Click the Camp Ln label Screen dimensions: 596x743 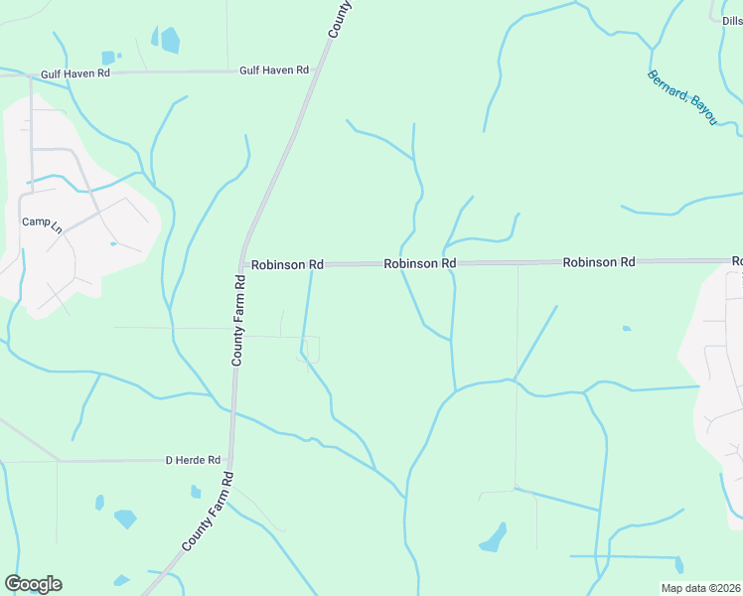point(42,222)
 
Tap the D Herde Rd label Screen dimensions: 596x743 point(192,460)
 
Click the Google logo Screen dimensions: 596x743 point(33,584)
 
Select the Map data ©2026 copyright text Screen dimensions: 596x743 point(699,588)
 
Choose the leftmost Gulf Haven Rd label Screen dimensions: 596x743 point(75,74)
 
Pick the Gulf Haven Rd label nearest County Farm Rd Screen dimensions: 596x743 point(274,71)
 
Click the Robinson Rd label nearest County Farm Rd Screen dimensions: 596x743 point(287,265)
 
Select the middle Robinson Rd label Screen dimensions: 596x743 point(420,263)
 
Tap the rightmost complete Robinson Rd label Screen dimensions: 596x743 point(598,262)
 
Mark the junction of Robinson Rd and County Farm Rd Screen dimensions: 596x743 point(243,265)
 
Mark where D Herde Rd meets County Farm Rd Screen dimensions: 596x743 point(231,460)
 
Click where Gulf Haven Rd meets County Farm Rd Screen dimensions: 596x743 point(311,71)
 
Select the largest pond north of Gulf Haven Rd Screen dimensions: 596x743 point(170,41)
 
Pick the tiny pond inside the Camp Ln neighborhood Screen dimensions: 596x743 point(113,243)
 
